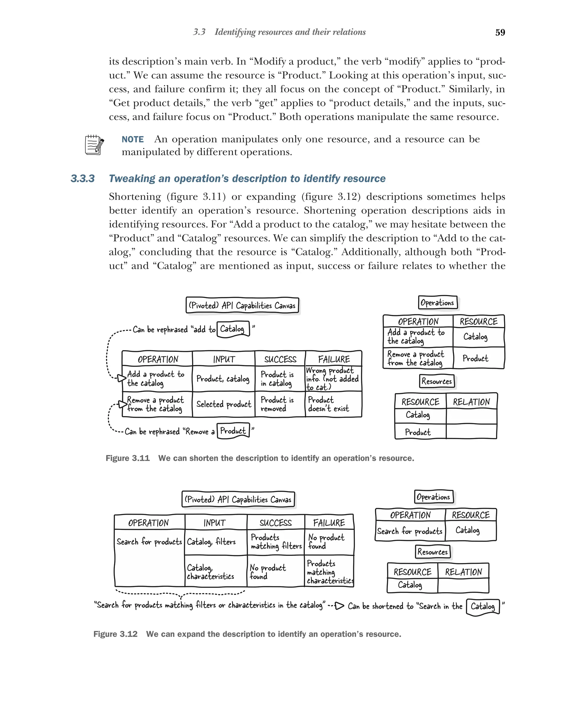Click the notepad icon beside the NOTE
[94, 145]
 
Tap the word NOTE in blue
[132, 139]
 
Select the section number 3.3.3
[83, 179]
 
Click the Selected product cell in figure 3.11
[223, 404]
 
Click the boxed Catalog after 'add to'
[232, 329]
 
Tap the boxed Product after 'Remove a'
[233, 431]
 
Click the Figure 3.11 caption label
[127, 458]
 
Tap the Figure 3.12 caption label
[115, 634]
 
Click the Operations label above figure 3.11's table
[437, 302]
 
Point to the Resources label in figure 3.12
[432, 552]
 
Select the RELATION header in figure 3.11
[471, 402]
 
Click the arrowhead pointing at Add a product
[122, 378]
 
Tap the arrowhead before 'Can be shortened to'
[339, 606]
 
